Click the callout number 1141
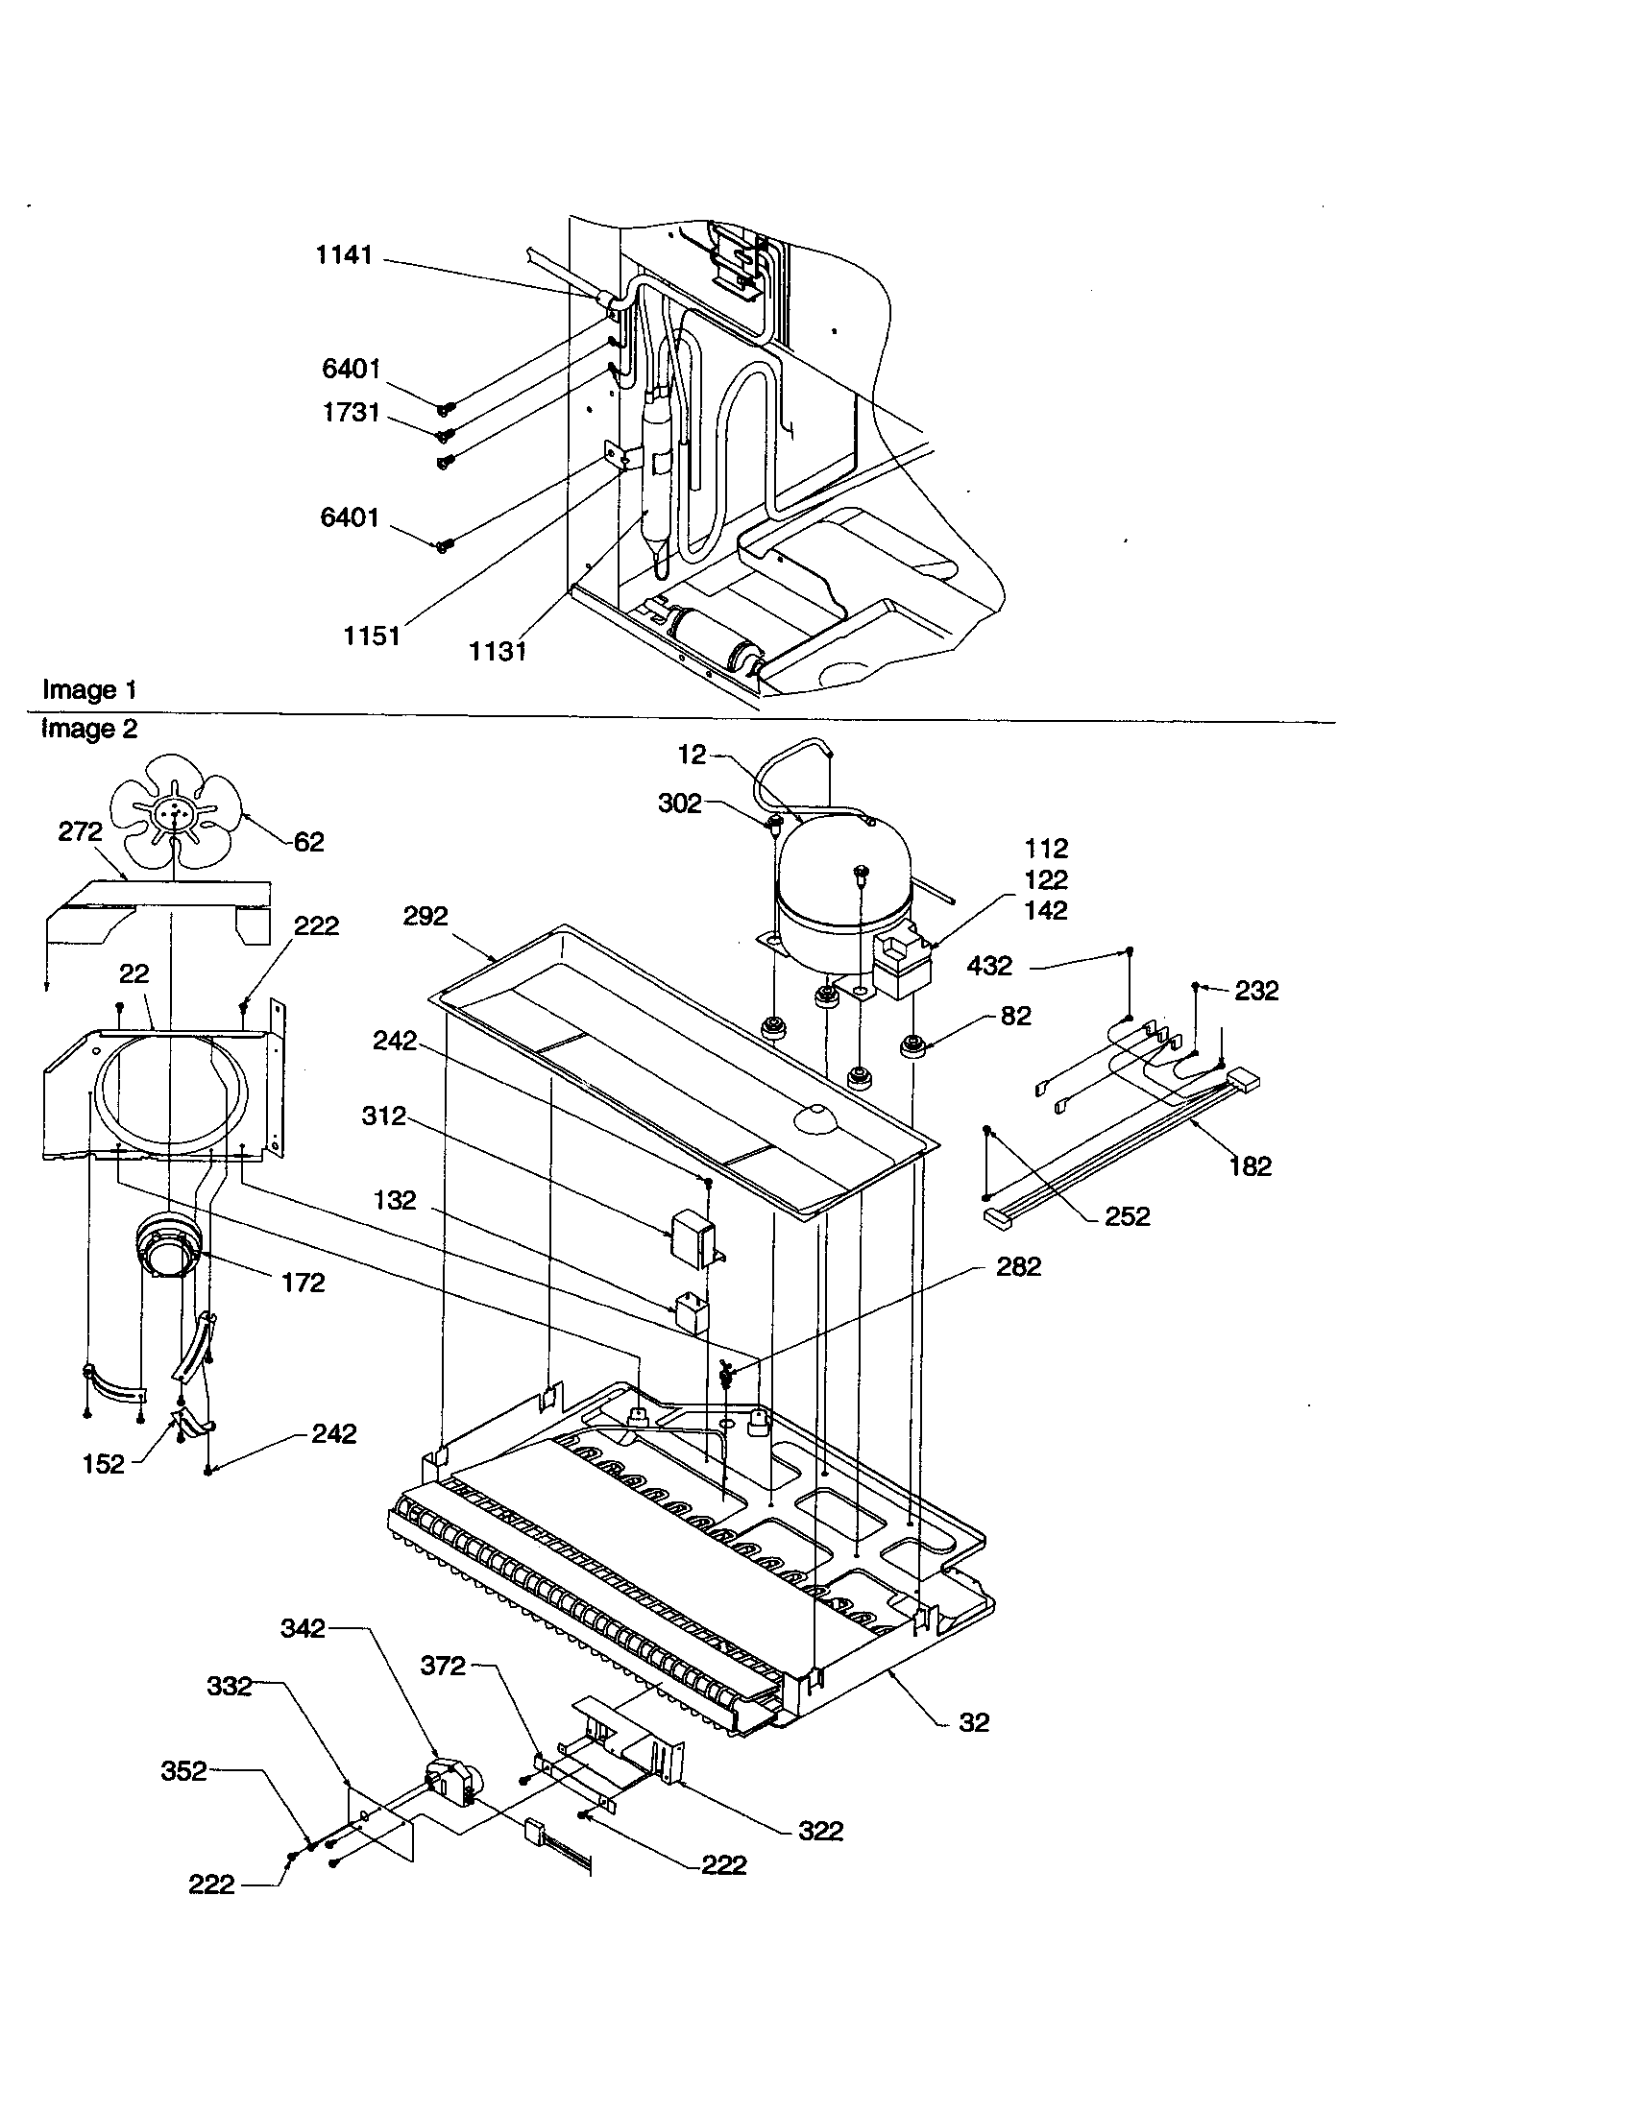[x=344, y=255]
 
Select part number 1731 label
[x=351, y=413]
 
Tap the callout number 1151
[x=372, y=636]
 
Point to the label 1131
[x=498, y=652]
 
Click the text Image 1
[x=89, y=689]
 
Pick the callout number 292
[x=425, y=916]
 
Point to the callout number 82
[x=1015, y=1016]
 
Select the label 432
[x=988, y=965]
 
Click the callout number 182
[x=1250, y=1166]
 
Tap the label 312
[x=384, y=1116]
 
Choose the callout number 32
[x=974, y=1722]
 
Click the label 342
[x=303, y=1628]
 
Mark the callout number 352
[x=183, y=1770]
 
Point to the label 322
[x=820, y=1831]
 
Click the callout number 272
[x=81, y=831]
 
